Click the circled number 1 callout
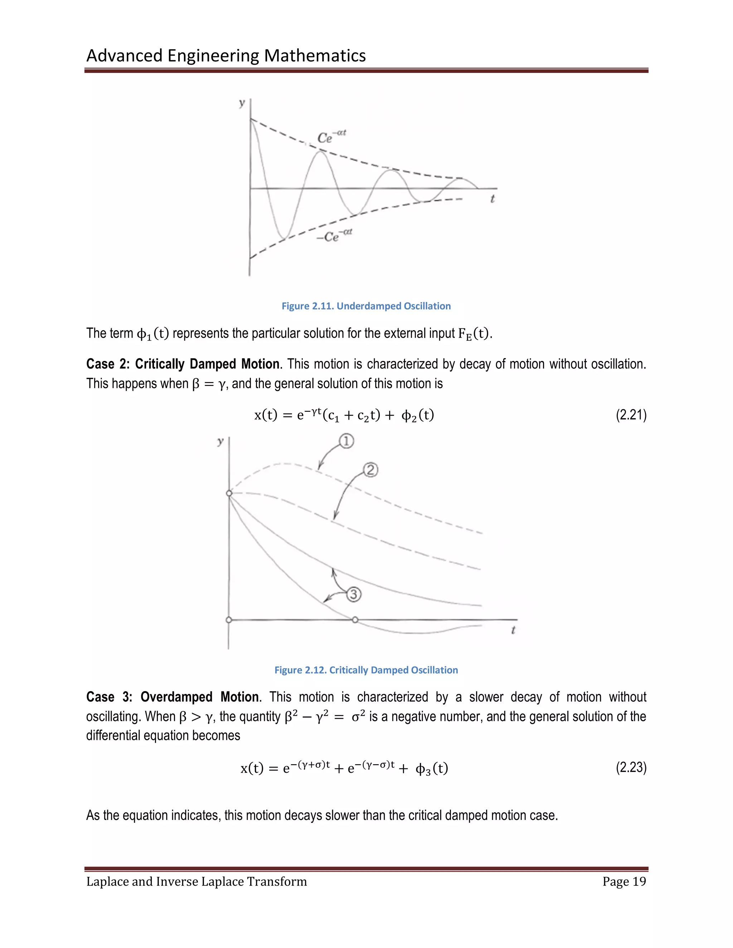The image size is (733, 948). click(x=346, y=441)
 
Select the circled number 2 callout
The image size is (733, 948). click(x=370, y=470)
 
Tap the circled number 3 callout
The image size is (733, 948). click(x=354, y=594)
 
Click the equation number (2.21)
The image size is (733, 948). click(x=631, y=415)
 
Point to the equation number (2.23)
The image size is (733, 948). click(x=631, y=768)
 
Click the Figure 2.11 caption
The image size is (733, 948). click(x=366, y=306)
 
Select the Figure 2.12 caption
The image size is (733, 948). click(x=366, y=670)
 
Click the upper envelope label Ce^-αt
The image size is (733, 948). click(x=331, y=137)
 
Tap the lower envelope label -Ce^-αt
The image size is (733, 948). click(x=334, y=236)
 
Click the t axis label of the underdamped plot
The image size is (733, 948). click(x=492, y=199)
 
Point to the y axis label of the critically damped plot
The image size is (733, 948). click(x=220, y=442)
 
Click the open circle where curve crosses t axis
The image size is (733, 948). click(x=355, y=620)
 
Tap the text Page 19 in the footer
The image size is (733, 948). click(x=624, y=881)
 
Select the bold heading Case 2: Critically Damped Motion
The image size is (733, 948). click(x=183, y=364)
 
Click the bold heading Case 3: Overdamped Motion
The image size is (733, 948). click(x=173, y=697)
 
